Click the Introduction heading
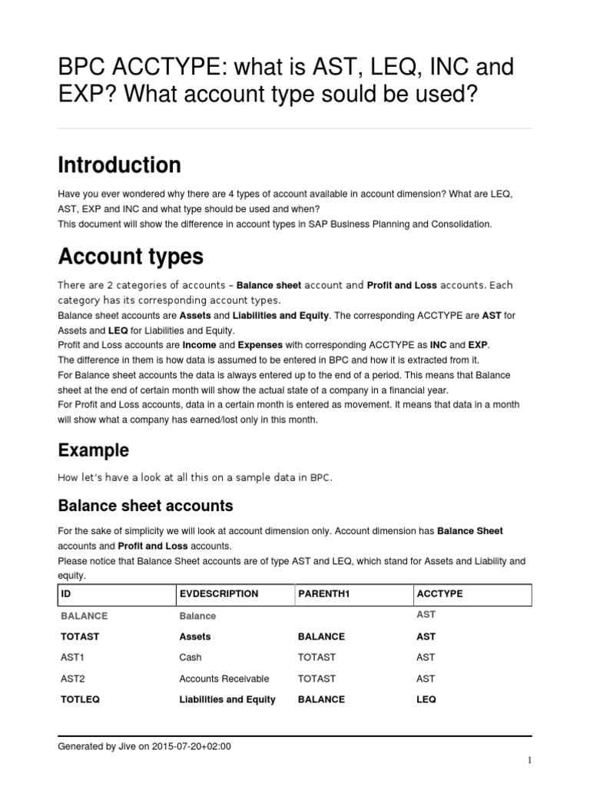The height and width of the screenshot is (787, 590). click(x=120, y=165)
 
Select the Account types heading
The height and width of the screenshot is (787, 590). click(x=130, y=256)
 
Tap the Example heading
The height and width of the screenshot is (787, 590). click(x=94, y=450)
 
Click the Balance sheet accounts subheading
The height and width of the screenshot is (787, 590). click(x=146, y=506)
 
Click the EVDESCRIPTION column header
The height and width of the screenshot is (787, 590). click(x=218, y=595)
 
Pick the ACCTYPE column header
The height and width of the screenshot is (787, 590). click(x=439, y=595)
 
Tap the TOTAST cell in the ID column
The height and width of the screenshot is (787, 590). click(x=79, y=637)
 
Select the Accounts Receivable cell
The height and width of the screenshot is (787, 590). click(x=224, y=679)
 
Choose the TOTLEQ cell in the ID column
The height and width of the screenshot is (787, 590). click(x=80, y=699)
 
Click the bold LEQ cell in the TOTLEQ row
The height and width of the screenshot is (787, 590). click(x=426, y=699)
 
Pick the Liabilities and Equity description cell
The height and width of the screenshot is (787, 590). click(x=227, y=699)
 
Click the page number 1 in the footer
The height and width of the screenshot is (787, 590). click(x=529, y=761)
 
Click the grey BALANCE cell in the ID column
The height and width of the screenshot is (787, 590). click(x=84, y=616)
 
